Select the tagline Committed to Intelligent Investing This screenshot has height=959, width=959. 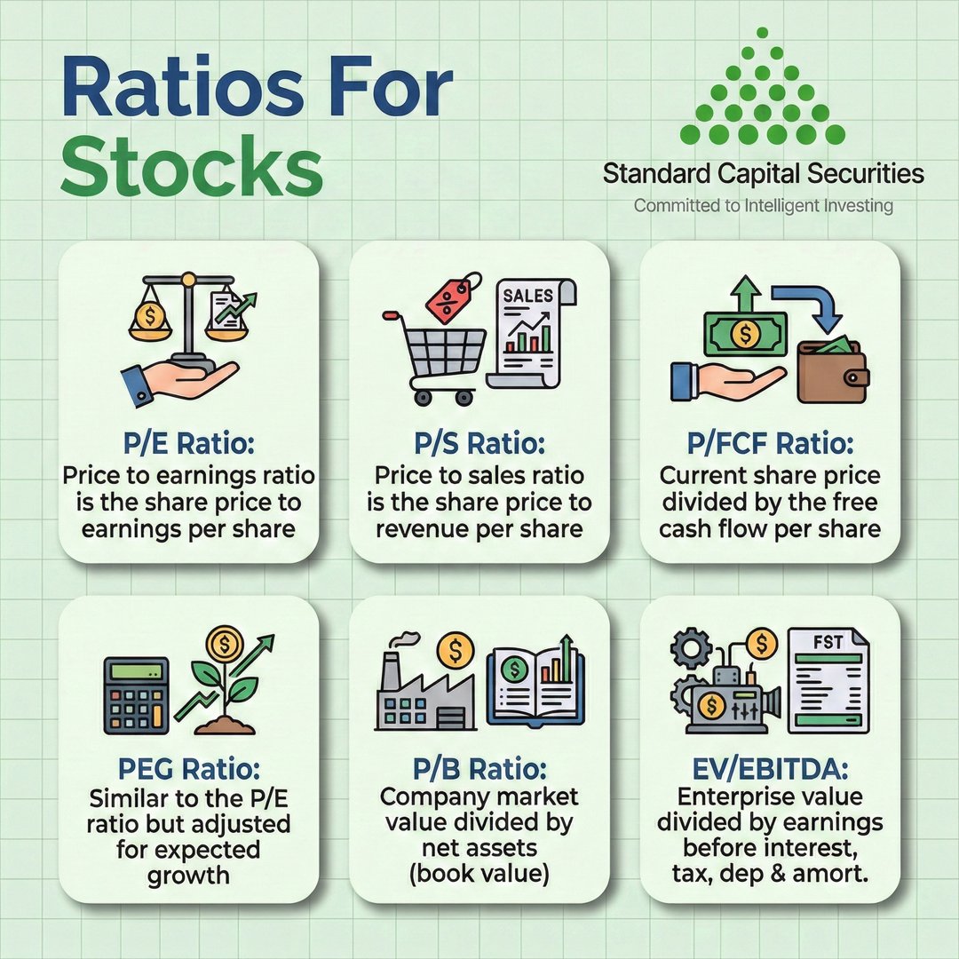click(763, 206)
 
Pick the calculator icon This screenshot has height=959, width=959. click(136, 694)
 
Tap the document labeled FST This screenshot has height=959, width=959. click(828, 679)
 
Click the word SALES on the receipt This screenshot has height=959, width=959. click(527, 295)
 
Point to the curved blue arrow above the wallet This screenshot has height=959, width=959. click(807, 307)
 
